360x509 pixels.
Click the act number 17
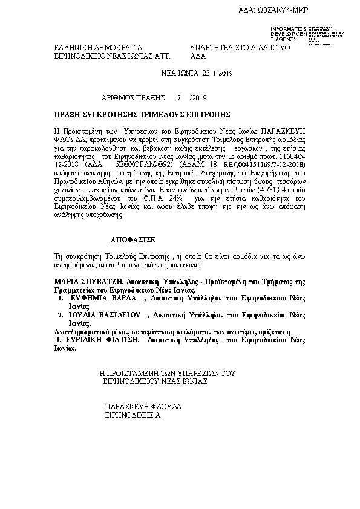pyautogui.click(x=177, y=96)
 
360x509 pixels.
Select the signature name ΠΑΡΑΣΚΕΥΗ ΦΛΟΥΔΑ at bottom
pyautogui.click(x=143, y=407)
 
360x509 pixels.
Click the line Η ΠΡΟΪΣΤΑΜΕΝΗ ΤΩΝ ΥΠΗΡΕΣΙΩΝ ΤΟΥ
pyautogui.click(x=166, y=374)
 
